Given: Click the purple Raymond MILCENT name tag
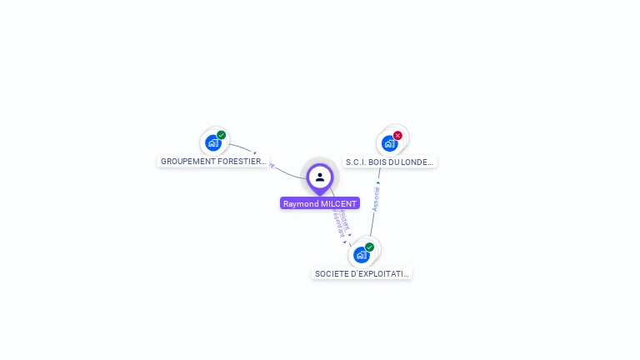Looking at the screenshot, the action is point(320,203).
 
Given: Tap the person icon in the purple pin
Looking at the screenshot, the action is point(320,177).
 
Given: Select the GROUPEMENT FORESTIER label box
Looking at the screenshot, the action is point(213,161).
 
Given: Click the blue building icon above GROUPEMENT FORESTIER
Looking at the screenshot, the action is point(213,143).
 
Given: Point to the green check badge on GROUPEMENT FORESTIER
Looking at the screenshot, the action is point(221,135).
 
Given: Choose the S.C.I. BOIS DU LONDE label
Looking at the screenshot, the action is point(390,162).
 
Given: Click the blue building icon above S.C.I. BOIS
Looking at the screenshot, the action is point(389,143).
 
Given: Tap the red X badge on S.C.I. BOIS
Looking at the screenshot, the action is point(397,135).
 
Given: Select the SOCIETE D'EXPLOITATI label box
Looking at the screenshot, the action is point(362,273).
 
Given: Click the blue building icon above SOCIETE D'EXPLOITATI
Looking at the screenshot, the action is point(361,255).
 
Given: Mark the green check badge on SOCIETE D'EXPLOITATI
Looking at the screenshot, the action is point(369,247).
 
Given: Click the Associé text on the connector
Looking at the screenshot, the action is point(376,198).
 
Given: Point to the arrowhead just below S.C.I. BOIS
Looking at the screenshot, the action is point(378,181).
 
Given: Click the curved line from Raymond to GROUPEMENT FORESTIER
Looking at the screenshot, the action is point(283,171).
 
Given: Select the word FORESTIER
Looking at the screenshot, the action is point(238,161).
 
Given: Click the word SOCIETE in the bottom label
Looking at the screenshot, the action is point(332,273).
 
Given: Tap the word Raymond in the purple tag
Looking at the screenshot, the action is point(301,203).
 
